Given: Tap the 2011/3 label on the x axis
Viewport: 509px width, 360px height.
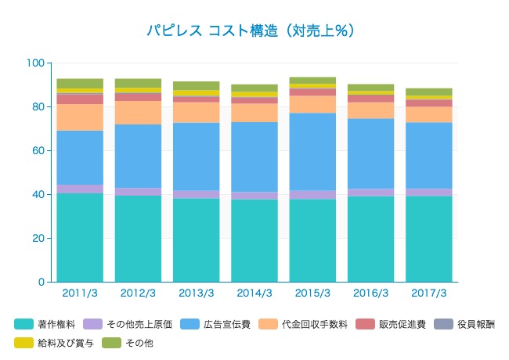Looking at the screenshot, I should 80,293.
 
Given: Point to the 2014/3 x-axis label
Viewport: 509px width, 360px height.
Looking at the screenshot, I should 254,293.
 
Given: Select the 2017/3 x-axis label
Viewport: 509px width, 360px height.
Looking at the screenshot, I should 428,293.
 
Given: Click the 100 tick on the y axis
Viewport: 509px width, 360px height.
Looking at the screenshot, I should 35,63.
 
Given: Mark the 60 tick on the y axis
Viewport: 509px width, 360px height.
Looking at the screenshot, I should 38,150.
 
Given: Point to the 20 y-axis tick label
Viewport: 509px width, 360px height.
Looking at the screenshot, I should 38,238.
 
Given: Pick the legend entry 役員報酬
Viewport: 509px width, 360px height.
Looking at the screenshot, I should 476,324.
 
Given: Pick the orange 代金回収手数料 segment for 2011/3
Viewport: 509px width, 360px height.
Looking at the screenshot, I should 80,117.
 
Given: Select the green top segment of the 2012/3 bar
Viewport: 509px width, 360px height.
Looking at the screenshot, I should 138,82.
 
